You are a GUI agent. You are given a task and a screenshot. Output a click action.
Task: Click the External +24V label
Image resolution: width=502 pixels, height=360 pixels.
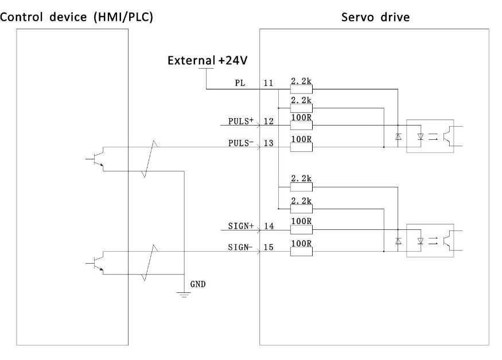point(208,60)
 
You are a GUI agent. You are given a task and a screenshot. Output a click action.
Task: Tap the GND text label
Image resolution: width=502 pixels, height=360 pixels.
point(198,284)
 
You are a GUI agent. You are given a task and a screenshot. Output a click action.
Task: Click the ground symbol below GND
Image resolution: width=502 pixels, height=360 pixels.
point(184,295)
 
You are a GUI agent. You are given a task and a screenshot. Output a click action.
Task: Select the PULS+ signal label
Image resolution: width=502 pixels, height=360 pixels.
point(241,122)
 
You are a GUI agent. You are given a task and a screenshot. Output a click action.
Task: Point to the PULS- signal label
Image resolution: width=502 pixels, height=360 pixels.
point(241,143)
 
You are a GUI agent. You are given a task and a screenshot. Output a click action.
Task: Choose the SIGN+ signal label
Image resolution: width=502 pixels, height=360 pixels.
point(241,226)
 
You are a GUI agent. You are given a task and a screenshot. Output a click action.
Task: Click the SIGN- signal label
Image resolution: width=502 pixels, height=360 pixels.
point(240,248)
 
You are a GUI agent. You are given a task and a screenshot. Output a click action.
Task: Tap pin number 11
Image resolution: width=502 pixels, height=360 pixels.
point(268,83)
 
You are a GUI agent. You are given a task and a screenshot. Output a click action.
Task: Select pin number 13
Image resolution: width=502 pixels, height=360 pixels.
point(268,143)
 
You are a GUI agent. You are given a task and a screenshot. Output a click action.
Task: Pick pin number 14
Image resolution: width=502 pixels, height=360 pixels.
point(269,226)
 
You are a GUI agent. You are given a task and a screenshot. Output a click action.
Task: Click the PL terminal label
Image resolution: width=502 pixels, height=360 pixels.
point(240,83)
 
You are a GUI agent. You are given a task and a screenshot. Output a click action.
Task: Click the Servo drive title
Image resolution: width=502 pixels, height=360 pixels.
point(375,17)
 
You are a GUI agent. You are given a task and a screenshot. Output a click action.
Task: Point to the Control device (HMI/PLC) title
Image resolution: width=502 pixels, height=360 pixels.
point(76,17)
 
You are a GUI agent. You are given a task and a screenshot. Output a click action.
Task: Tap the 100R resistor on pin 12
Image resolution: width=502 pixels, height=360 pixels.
point(301,125)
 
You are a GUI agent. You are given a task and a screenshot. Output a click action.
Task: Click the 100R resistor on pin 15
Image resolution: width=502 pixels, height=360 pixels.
point(301,252)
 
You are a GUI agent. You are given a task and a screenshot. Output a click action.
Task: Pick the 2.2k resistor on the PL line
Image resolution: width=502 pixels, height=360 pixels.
point(301,89)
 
